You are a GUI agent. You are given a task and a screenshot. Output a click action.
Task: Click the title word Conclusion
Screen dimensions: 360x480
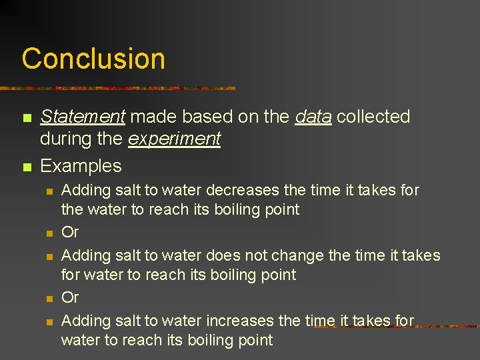click(93, 59)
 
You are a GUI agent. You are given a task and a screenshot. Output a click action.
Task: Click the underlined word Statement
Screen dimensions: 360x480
click(83, 117)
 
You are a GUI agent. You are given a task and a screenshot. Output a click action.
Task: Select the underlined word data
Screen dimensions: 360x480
click(313, 117)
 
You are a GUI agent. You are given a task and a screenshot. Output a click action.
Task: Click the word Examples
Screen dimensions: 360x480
click(81, 165)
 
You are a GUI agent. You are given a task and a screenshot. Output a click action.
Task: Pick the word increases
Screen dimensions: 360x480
click(241, 321)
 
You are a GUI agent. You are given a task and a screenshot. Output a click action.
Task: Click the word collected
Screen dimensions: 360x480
click(373, 117)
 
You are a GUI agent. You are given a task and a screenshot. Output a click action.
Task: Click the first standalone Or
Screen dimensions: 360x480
click(70, 232)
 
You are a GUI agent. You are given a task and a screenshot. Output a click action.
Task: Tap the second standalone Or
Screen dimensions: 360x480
click(70, 297)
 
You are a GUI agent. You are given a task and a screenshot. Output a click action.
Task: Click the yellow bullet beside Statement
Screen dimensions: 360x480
click(26, 118)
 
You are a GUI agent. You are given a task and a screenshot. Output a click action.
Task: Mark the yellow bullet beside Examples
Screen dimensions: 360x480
click(26, 167)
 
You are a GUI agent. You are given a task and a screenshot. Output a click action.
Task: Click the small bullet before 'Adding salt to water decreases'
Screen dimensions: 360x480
click(49, 191)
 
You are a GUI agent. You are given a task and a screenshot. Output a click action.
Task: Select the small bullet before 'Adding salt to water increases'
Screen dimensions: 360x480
click(49, 322)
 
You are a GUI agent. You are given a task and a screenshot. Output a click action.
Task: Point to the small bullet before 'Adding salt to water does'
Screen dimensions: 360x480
click(49, 257)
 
